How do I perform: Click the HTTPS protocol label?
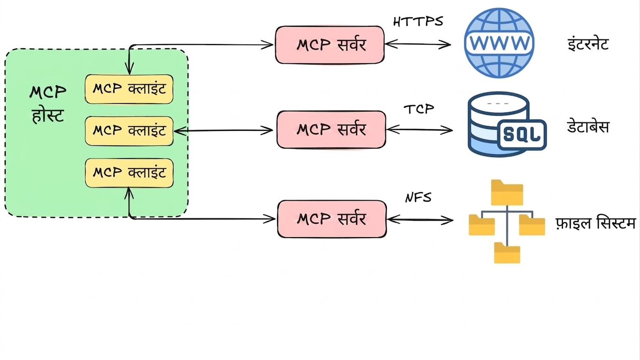(x=418, y=22)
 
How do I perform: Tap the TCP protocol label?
(x=419, y=109)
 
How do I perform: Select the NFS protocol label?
(x=418, y=197)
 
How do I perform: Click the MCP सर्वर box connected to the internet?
(x=330, y=45)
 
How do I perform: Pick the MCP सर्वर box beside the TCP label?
(x=331, y=130)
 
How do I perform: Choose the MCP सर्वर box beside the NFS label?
(x=332, y=219)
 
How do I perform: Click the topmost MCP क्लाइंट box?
(x=129, y=89)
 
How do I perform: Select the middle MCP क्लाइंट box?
(x=129, y=131)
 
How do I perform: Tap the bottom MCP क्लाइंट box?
(x=129, y=173)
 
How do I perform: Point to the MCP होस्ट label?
(x=48, y=104)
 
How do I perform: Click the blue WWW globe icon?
(x=499, y=43)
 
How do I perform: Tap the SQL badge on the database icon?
(x=522, y=135)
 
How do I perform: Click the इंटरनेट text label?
(x=588, y=44)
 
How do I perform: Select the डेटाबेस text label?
(x=588, y=127)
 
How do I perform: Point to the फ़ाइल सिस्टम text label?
(x=596, y=223)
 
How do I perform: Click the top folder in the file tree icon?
(x=507, y=192)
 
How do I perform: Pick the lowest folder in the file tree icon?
(x=507, y=253)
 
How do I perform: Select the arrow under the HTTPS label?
(x=418, y=44)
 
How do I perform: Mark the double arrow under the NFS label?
(x=420, y=220)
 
